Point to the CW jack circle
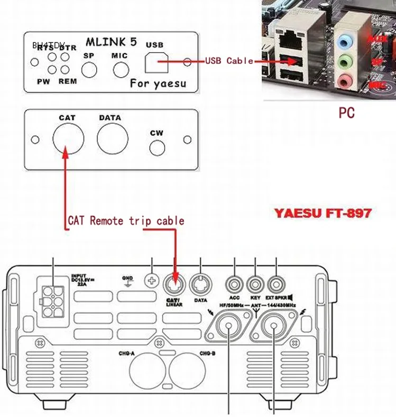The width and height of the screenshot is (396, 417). (x=157, y=147)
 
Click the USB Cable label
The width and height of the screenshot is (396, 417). (x=229, y=61)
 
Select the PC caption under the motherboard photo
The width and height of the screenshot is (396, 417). (x=346, y=113)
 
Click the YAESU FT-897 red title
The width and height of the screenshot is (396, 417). (x=323, y=214)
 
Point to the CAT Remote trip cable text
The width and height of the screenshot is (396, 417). (x=126, y=220)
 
